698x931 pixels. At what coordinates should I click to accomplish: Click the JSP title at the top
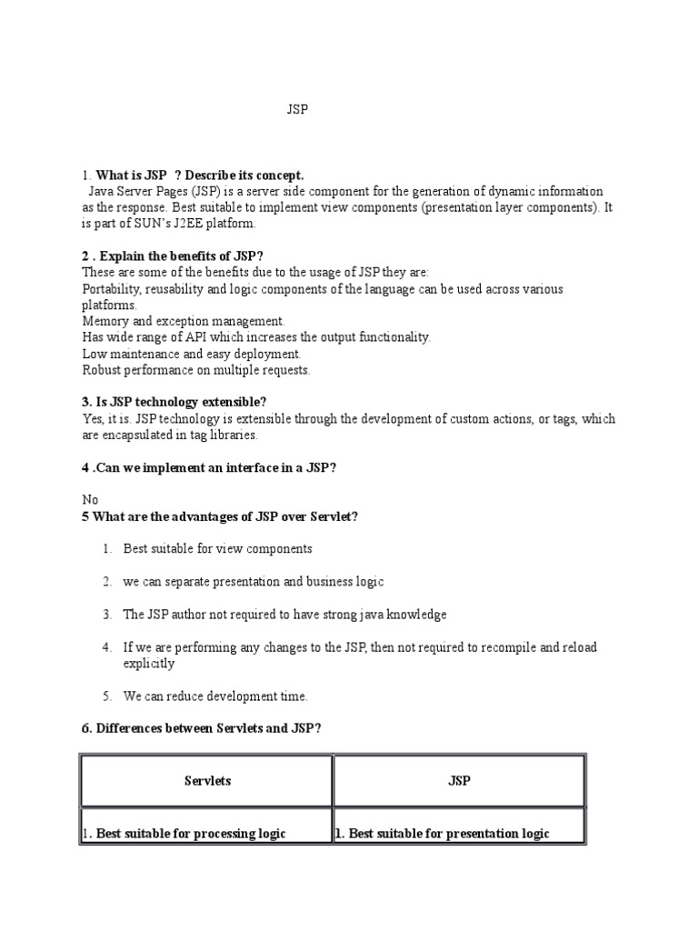pos(296,110)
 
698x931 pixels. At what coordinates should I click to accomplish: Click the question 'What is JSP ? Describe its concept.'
pos(200,175)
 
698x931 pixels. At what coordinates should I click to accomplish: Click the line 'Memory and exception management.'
pos(184,321)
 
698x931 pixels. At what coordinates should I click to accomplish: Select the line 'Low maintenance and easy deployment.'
pos(191,354)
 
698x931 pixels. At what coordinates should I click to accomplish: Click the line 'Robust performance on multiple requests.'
pos(196,370)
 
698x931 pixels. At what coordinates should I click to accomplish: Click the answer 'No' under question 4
pos(90,500)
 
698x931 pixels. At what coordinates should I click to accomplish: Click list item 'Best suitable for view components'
pos(217,549)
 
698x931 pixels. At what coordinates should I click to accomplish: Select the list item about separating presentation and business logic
pos(254,582)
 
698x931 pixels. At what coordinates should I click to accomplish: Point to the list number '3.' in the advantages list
pos(106,615)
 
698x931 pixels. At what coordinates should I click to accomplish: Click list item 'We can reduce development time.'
pos(215,696)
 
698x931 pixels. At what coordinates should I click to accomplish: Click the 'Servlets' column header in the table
pos(207,781)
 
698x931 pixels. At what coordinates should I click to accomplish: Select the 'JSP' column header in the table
pos(459,781)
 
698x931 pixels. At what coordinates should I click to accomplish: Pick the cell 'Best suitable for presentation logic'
pos(445,834)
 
